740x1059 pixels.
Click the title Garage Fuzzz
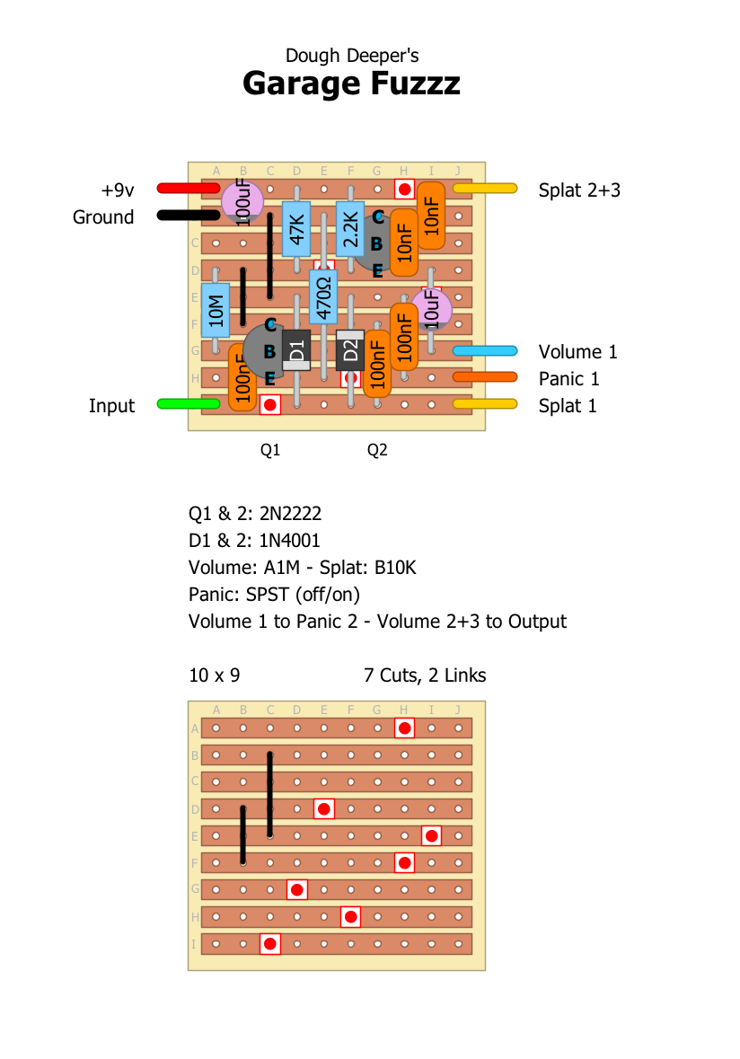[x=351, y=84]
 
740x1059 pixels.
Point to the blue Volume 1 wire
[x=484, y=350]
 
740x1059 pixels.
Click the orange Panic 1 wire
[x=484, y=377]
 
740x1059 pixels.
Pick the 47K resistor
[x=296, y=228]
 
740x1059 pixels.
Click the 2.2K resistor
[x=350, y=228]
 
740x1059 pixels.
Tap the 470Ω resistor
[x=323, y=296]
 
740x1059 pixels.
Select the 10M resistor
[x=216, y=310]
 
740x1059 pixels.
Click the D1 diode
[x=296, y=350]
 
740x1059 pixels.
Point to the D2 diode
[x=350, y=350]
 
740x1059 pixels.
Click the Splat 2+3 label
[x=579, y=190]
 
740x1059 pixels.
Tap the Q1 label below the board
[x=270, y=450]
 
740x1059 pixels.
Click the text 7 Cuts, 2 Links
[x=425, y=675]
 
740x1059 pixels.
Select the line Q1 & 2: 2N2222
[x=255, y=515]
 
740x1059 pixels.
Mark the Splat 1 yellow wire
[x=484, y=404]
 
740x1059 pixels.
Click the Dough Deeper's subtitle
[x=352, y=56]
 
